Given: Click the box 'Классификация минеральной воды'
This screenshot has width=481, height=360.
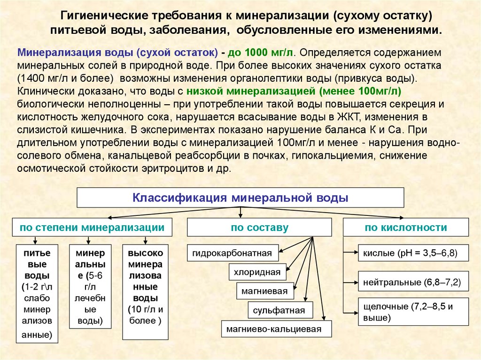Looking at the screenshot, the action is click(x=240, y=198).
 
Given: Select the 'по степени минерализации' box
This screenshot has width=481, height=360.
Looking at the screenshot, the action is click(x=92, y=228).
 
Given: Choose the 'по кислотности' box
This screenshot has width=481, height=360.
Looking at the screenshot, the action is click(x=406, y=228).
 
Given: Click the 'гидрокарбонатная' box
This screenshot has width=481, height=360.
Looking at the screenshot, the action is click(x=232, y=253).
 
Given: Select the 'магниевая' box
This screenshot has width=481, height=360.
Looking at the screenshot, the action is click(x=264, y=291).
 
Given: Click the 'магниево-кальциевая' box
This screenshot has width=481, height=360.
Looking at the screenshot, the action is click(x=276, y=329).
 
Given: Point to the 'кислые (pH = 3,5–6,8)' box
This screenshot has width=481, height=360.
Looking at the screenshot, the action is click(x=413, y=253).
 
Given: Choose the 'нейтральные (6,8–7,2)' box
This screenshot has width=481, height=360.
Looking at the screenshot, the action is click(x=413, y=283).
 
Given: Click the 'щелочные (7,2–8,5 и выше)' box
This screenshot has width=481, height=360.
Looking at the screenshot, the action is click(x=413, y=312).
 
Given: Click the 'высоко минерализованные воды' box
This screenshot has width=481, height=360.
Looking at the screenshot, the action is click(x=145, y=292).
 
